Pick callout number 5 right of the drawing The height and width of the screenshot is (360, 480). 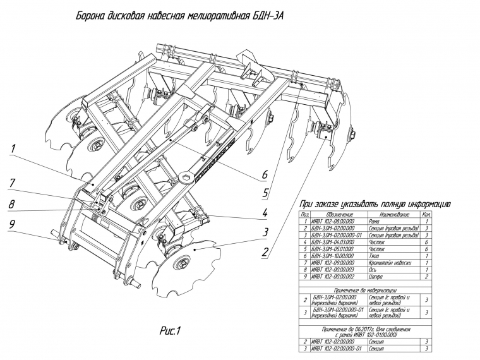(x=266, y=191)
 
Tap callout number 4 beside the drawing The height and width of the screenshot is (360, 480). (x=267, y=213)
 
